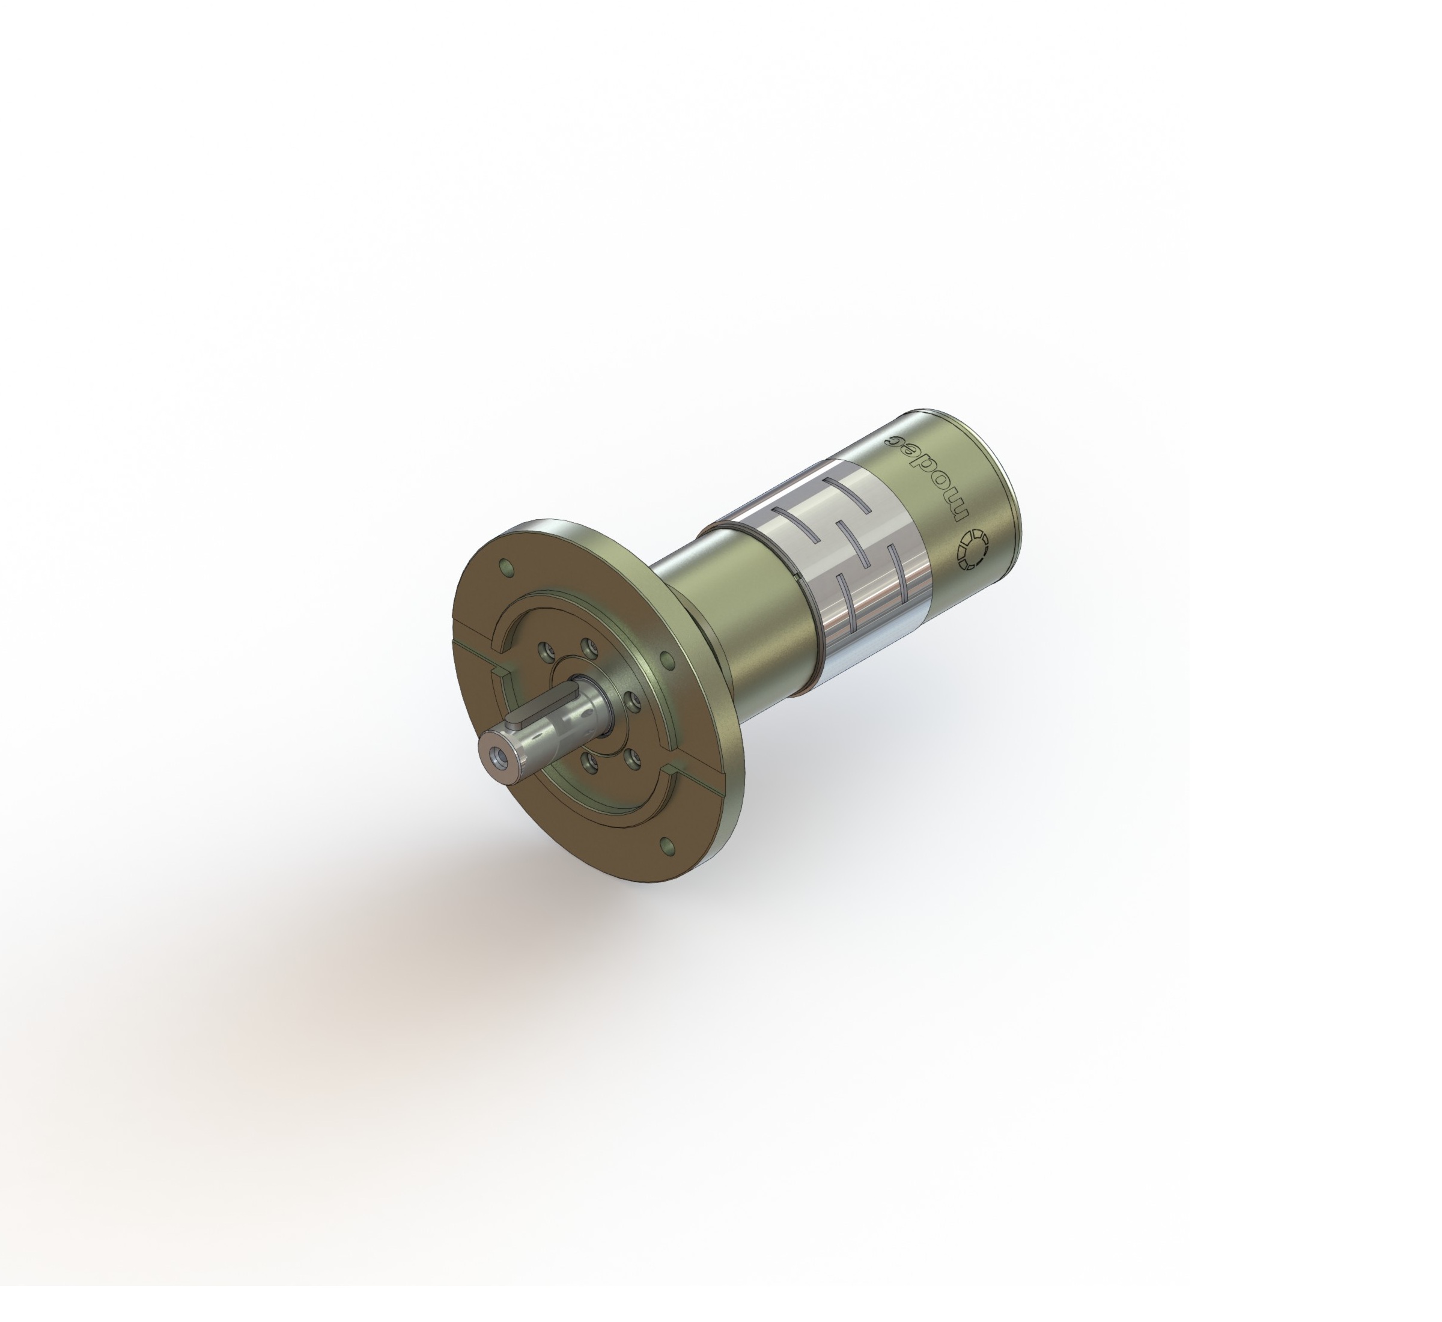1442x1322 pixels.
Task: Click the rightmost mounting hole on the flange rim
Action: [x=665, y=659]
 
